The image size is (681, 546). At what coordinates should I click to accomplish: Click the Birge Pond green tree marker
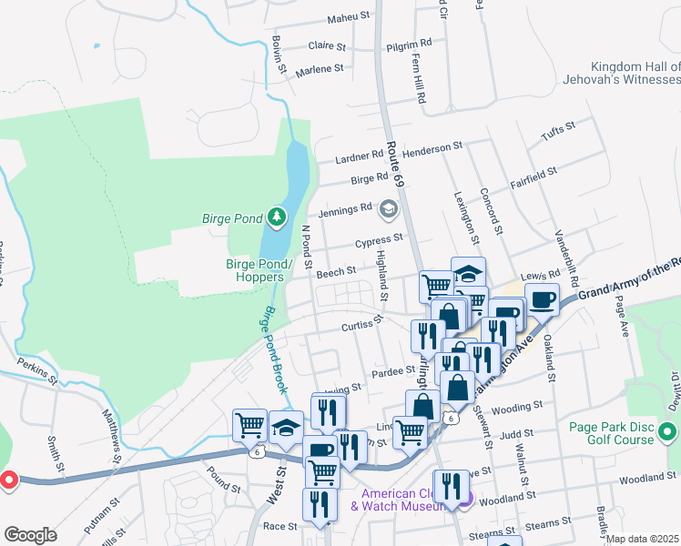[277, 217]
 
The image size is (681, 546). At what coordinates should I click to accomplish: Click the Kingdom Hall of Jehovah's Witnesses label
[634, 74]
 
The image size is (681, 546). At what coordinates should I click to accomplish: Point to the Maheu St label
[350, 16]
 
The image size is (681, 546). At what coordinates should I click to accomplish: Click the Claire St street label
[328, 45]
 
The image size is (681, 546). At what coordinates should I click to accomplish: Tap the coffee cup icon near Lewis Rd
[542, 299]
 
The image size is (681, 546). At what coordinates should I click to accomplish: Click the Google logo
[29, 534]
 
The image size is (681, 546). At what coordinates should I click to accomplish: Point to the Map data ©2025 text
[643, 539]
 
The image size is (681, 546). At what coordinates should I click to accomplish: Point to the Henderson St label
[433, 145]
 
